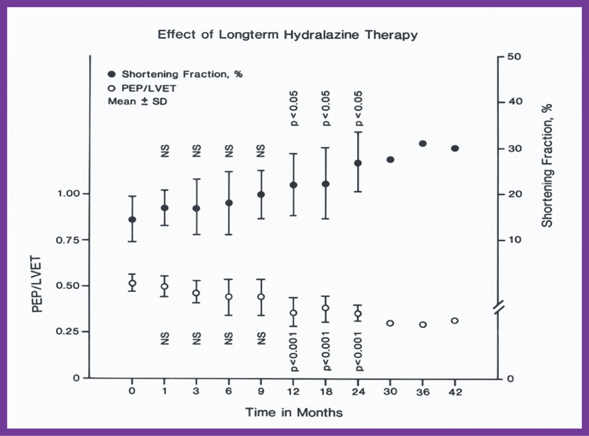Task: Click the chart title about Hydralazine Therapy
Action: point(287,35)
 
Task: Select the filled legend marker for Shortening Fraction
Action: point(112,74)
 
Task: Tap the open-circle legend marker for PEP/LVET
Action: point(112,88)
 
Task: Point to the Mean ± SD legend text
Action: point(137,101)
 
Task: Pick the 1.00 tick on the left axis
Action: point(69,193)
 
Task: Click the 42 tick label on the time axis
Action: point(455,392)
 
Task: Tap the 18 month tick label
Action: point(326,392)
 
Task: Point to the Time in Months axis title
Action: point(294,412)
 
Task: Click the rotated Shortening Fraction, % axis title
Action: point(547,165)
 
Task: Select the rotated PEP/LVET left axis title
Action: point(37,284)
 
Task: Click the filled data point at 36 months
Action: point(423,144)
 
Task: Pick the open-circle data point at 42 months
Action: point(455,321)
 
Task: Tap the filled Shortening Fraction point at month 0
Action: point(132,220)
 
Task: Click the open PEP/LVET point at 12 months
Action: point(293,313)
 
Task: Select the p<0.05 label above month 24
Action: point(359,108)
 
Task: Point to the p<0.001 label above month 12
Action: point(294,352)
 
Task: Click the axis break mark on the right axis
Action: point(499,307)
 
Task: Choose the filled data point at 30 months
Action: point(390,159)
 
